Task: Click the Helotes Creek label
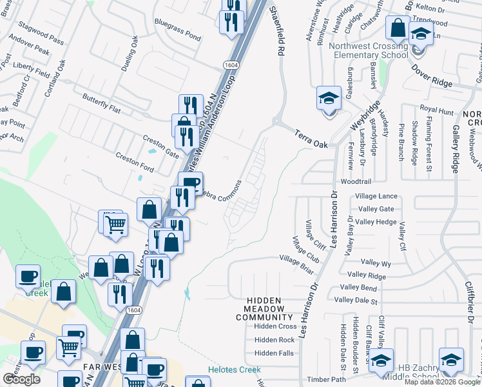pos(234,370)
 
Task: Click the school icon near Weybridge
pos(329,99)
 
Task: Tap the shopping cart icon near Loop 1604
pos(115,226)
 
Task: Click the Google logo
pos(21,379)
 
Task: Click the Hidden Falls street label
pos(274,353)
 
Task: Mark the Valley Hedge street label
pos(376,222)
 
